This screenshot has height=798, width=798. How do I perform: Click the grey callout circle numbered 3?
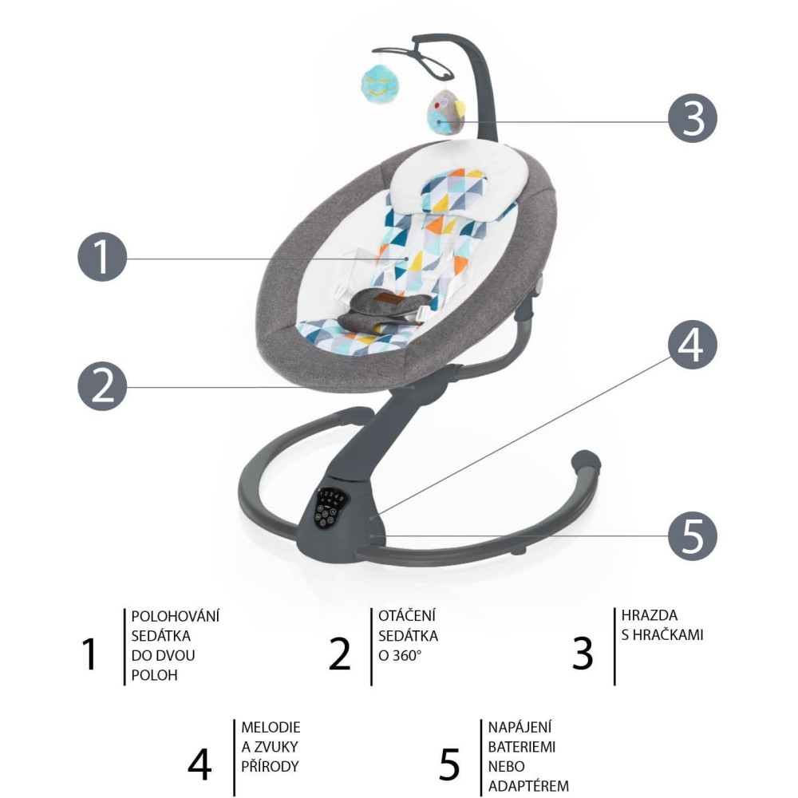point(692,118)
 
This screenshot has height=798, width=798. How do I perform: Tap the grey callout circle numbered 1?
point(102,257)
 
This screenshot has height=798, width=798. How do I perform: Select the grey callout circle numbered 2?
point(102,386)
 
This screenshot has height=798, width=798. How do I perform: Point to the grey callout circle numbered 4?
point(692,345)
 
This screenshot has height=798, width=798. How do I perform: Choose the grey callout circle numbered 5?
point(692,536)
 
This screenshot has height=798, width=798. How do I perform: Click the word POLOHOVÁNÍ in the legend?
point(175,616)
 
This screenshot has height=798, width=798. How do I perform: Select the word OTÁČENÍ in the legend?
point(407,616)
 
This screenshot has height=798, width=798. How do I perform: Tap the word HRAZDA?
point(649,615)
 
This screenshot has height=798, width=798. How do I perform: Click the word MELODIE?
point(271,727)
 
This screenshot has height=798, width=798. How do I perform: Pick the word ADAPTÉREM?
point(528,786)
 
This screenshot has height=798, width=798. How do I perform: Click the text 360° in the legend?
point(407,655)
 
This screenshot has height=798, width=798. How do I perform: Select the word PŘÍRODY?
point(270,766)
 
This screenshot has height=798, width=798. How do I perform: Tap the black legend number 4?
point(199,765)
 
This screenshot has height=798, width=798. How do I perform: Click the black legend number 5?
point(448,765)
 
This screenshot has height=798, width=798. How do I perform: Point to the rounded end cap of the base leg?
point(587,460)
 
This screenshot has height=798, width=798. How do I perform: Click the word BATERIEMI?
point(522,747)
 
